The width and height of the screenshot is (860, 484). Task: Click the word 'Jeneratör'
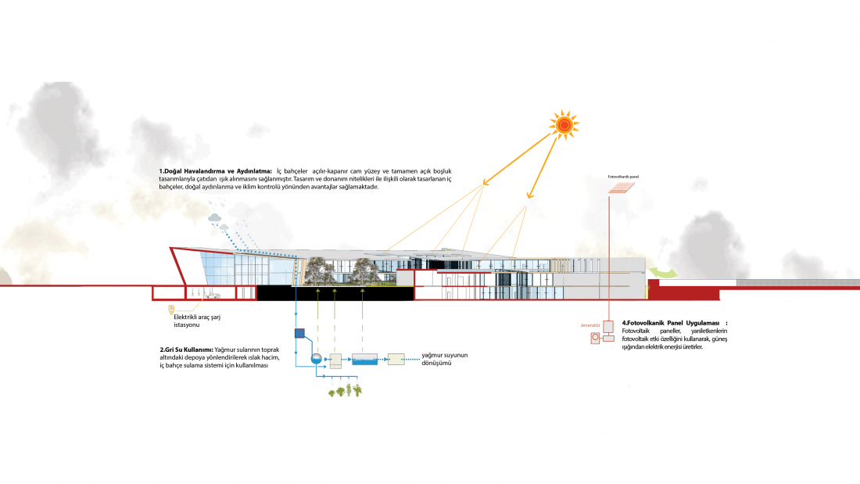tap(589, 324)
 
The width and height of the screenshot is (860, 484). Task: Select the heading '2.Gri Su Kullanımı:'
tap(186, 349)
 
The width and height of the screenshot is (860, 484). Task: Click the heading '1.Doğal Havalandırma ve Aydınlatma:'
tap(215, 170)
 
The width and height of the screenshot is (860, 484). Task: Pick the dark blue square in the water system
tap(299, 333)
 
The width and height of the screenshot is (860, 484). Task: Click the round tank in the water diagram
tap(316, 358)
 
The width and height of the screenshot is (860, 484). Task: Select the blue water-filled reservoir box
tap(364, 360)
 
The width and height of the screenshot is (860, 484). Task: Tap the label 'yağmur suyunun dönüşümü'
tap(444, 360)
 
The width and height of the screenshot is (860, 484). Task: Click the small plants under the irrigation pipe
tap(345, 389)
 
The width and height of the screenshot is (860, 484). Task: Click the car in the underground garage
tap(213, 296)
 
